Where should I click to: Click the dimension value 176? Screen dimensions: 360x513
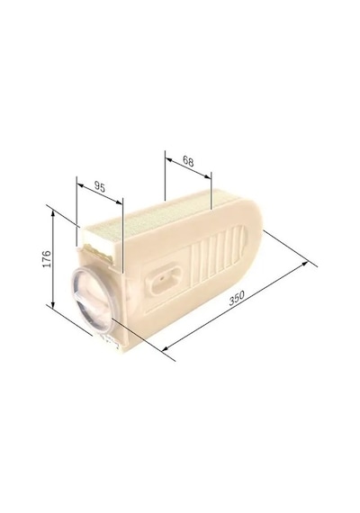(x=47, y=259)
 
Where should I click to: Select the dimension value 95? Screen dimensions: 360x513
(x=100, y=187)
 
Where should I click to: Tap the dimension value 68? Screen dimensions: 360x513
(x=188, y=161)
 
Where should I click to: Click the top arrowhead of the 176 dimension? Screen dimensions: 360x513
(x=53, y=213)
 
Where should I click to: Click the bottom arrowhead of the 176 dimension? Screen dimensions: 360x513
(x=53, y=305)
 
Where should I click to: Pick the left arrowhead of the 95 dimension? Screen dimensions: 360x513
(x=80, y=185)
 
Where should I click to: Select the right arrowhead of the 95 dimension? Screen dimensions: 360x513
(x=119, y=202)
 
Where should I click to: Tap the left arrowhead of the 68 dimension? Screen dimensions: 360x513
(x=169, y=159)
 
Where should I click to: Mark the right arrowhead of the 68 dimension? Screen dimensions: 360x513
(x=208, y=176)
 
